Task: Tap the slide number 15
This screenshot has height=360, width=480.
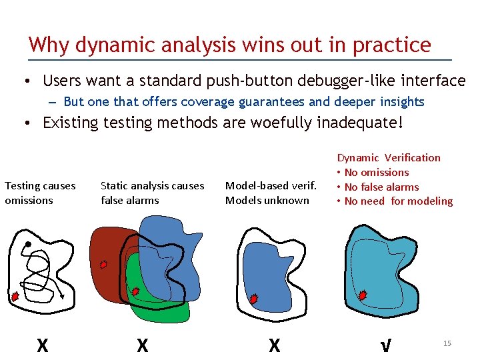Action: click(x=447, y=343)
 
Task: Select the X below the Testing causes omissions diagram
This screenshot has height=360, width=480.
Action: click(x=42, y=345)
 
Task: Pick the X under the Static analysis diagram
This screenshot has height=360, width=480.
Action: click(x=142, y=345)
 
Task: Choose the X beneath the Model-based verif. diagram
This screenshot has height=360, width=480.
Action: click(x=274, y=345)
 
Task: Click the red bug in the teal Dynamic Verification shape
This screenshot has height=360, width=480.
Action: click(x=363, y=295)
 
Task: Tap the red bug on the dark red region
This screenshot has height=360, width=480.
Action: click(x=103, y=264)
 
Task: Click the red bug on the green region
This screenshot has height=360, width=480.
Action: click(x=135, y=291)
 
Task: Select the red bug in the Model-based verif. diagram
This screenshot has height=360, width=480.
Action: click(x=253, y=299)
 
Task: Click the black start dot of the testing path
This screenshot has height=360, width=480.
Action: click(x=27, y=244)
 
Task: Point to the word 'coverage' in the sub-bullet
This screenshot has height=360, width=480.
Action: click(x=198, y=102)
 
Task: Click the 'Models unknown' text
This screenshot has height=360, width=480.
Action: click(x=267, y=200)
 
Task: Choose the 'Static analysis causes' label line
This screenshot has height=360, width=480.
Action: click(x=152, y=186)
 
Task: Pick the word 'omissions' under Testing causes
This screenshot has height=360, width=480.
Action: click(x=29, y=200)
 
